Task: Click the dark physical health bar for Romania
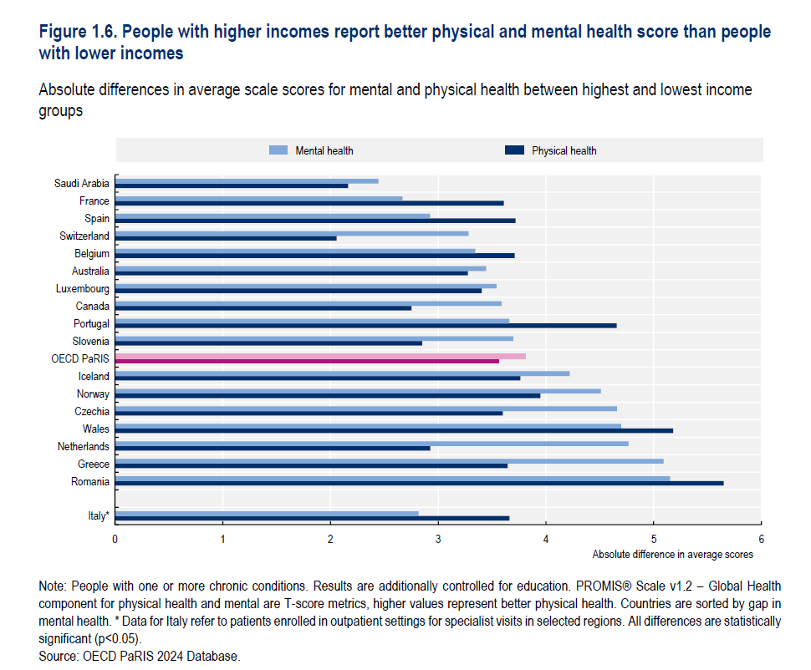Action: click(418, 483)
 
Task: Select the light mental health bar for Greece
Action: click(389, 460)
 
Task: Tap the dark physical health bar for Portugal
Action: click(365, 325)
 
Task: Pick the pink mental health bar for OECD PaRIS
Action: click(320, 356)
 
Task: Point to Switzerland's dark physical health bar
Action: click(226, 238)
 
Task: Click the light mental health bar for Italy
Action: click(267, 514)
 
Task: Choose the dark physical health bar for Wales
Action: click(394, 430)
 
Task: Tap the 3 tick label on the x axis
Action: click(438, 539)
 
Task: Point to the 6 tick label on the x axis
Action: click(761, 539)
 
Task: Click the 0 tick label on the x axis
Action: click(115, 539)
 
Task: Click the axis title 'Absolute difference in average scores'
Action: click(672, 554)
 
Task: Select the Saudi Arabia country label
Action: click(82, 184)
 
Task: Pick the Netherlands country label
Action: click(84, 447)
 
